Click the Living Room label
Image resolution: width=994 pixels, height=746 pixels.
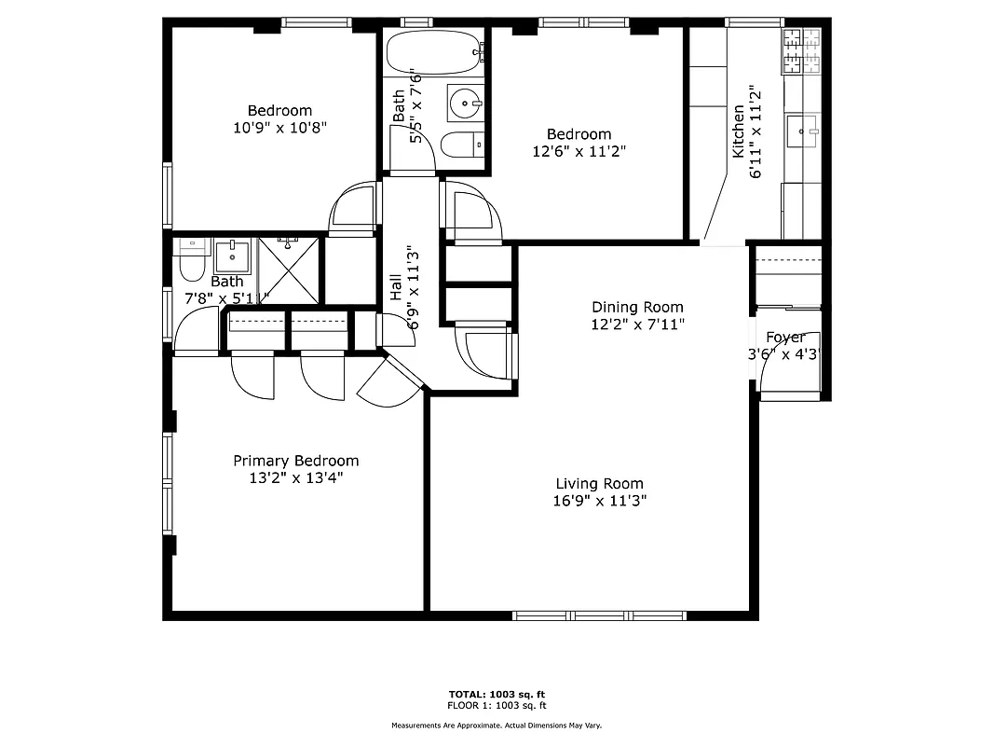pyautogui.click(x=599, y=483)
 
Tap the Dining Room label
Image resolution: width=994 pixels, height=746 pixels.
pyautogui.click(x=637, y=307)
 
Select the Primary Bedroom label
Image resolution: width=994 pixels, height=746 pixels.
pyautogui.click(x=295, y=461)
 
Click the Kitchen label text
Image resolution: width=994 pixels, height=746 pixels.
pyautogui.click(x=739, y=131)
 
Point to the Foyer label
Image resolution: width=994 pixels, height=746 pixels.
pyautogui.click(x=785, y=338)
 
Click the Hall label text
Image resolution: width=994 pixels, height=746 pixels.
pyautogui.click(x=396, y=287)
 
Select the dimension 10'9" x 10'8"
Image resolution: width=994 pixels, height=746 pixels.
pyautogui.click(x=279, y=127)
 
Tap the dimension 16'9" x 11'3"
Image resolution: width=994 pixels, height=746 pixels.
pyautogui.click(x=599, y=501)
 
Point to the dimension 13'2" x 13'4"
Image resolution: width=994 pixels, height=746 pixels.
pyautogui.click(x=295, y=477)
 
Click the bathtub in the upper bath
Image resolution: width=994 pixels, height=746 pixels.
pyautogui.click(x=434, y=52)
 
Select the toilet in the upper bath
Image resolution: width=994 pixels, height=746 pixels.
pyautogui.click(x=462, y=145)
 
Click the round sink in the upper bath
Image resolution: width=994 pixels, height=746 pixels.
pyautogui.click(x=464, y=101)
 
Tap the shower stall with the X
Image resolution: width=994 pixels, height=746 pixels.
pyautogui.click(x=289, y=269)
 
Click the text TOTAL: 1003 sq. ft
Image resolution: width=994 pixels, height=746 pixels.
pyautogui.click(x=496, y=695)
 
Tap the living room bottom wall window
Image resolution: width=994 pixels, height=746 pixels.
pyautogui.click(x=599, y=615)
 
